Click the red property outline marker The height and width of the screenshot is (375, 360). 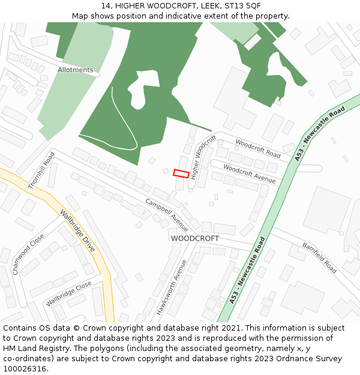click(x=181, y=173)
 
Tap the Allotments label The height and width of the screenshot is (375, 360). click(x=76, y=70)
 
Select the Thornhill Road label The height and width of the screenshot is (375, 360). click(x=41, y=170)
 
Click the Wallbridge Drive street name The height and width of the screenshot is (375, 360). click(x=77, y=230)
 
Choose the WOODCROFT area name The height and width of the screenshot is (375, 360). click(x=195, y=238)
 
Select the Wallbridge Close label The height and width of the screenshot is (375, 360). click(x=68, y=293)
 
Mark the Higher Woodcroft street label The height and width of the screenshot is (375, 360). click(x=203, y=157)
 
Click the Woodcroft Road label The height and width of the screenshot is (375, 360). click(x=258, y=148)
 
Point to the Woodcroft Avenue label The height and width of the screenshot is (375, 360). click(x=249, y=173)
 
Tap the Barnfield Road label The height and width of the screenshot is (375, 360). click(x=319, y=257)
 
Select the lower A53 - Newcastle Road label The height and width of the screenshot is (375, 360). click(x=247, y=270)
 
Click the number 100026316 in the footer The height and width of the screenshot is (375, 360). click(x=25, y=369)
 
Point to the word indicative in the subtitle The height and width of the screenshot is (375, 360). click(x=190, y=16)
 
